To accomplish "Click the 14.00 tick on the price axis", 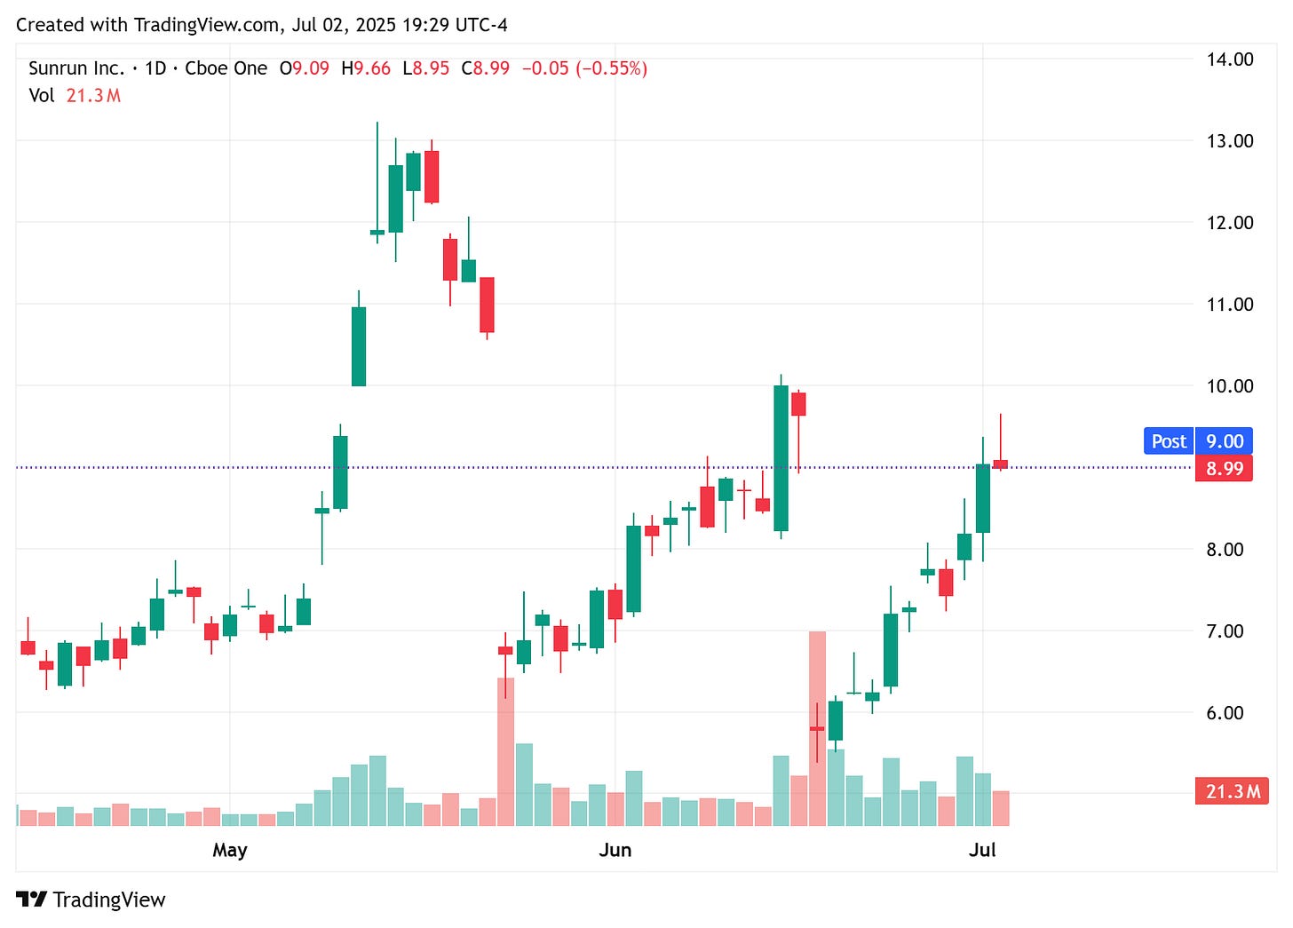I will (1229, 59).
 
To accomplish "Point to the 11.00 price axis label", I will (1229, 305).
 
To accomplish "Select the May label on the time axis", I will (229, 850).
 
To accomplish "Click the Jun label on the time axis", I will (615, 850).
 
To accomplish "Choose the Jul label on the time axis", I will (981, 850).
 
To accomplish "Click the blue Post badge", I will (1168, 441).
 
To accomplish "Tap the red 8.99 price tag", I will (1224, 468).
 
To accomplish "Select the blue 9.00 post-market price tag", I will (1224, 441).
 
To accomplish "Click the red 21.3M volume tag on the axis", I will (1233, 791).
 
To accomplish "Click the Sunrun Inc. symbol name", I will (76, 68).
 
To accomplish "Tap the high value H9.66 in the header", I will (366, 68).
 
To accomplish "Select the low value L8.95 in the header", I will (426, 68).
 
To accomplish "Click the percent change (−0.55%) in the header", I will (611, 68).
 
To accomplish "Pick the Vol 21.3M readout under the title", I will (75, 95).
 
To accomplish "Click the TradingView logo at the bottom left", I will (91, 900).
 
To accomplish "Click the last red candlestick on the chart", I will (1000, 464).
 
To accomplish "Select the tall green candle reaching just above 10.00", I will (781, 458).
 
